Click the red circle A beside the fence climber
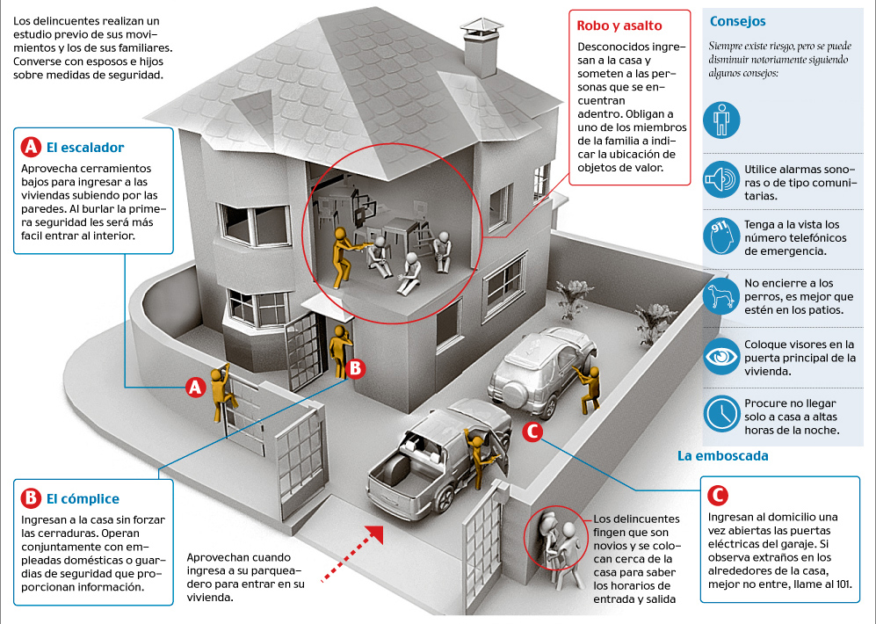coord(196,387)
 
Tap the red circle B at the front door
coord(355,368)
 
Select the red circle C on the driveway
coord(532,432)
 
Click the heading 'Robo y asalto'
coord(619,25)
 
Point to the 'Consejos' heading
coord(737,21)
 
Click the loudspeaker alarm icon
coord(722,178)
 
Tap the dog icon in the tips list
coord(722,295)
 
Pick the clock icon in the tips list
coord(722,413)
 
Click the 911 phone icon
coord(722,236)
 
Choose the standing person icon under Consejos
coord(722,119)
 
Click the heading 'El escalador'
coord(85,147)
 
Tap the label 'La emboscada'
coord(722,456)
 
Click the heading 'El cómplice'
coord(83,499)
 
